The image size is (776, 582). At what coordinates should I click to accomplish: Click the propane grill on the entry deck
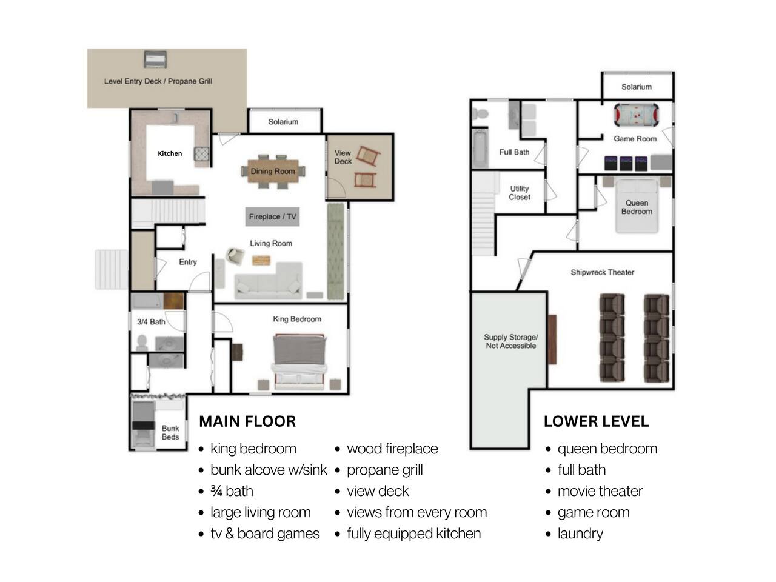click(155, 59)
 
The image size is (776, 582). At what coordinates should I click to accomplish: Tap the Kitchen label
click(170, 153)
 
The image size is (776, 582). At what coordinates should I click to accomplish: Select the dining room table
click(273, 172)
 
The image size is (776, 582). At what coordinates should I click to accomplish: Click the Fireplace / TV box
click(272, 216)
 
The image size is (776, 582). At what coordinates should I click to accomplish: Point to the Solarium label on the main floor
click(283, 122)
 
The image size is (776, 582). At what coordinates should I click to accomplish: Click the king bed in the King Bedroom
click(299, 361)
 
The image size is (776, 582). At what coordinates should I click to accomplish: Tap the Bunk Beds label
click(170, 432)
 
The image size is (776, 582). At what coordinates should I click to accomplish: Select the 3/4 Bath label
click(152, 321)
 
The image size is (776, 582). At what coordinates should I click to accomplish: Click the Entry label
click(188, 262)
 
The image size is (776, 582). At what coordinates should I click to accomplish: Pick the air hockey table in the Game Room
click(637, 115)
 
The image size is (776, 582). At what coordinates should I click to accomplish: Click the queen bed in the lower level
click(637, 206)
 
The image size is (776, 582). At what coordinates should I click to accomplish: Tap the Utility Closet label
click(520, 193)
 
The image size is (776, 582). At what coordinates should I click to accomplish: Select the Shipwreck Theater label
click(603, 272)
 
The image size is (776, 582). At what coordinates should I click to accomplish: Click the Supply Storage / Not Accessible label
click(511, 341)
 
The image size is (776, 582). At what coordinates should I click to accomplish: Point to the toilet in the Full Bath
click(481, 114)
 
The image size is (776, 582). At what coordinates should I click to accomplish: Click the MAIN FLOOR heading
click(247, 421)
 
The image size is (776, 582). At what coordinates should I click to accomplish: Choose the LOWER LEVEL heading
click(596, 421)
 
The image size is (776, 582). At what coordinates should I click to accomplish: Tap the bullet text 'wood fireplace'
click(392, 449)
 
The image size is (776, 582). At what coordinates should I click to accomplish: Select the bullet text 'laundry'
click(581, 534)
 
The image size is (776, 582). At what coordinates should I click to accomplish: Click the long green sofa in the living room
click(335, 252)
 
